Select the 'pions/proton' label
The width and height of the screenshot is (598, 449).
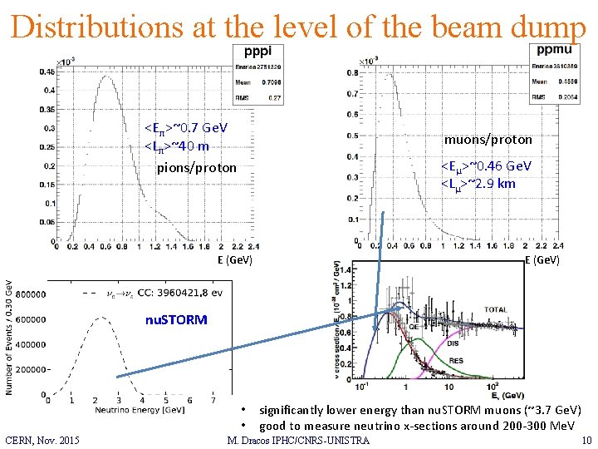(197, 169)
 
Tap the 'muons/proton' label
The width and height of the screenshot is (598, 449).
(488, 139)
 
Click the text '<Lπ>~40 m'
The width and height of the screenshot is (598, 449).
(177, 147)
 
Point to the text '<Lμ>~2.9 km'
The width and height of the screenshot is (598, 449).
(478, 184)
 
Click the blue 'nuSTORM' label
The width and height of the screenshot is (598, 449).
(175, 319)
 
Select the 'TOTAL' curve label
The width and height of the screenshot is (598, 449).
(496, 309)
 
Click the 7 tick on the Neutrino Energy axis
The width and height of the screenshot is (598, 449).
(214, 400)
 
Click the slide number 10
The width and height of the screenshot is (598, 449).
(586, 440)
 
